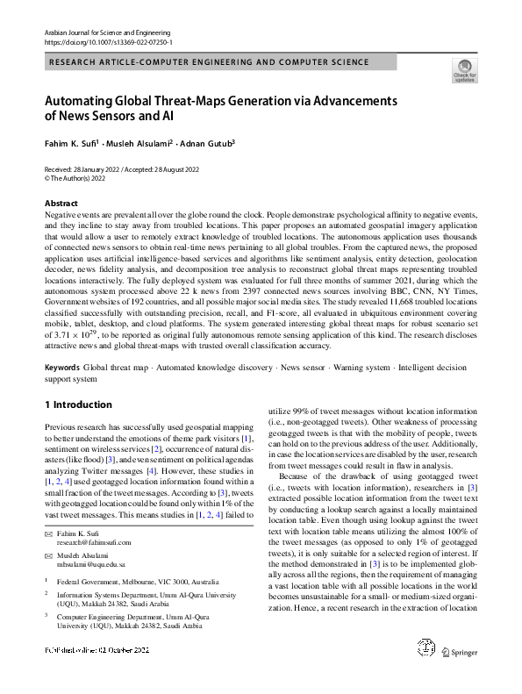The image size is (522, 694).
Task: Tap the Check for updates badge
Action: (464, 69)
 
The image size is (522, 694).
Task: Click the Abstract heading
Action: (61, 203)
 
